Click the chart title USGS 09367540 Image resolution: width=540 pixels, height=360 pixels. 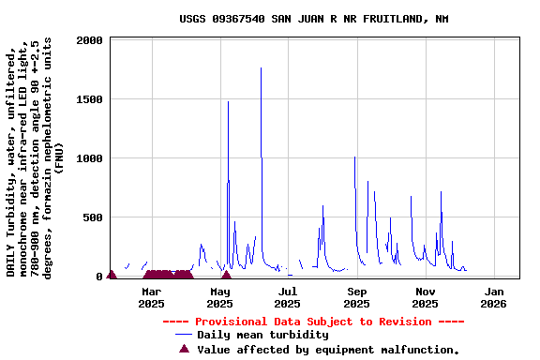(313, 19)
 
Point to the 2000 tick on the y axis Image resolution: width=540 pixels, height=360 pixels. (90, 41)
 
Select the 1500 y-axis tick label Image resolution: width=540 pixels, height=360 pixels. (90, 99)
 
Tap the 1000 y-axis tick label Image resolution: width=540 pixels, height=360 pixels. (90, 158)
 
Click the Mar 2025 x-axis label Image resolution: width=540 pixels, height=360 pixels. (151, 297)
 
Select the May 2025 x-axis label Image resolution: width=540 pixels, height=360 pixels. (219, 297)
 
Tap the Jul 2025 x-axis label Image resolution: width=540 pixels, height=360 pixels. (287, 297)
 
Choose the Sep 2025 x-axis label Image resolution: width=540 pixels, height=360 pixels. (356, 297)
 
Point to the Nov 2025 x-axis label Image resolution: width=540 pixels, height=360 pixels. (425, 297)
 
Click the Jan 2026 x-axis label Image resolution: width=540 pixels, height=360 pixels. (493, 297)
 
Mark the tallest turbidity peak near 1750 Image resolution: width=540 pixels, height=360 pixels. (262, 68)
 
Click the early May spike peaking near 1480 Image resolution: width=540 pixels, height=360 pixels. (228, 102)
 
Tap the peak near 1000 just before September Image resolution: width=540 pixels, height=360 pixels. (354, 157)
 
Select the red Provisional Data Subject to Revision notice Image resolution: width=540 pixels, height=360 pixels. (313, 322)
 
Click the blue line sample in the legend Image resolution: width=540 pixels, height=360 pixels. (183, 335)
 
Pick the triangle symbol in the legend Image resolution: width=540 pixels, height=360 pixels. (184, 349)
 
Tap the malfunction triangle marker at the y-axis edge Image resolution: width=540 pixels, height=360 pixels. (112, 275)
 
